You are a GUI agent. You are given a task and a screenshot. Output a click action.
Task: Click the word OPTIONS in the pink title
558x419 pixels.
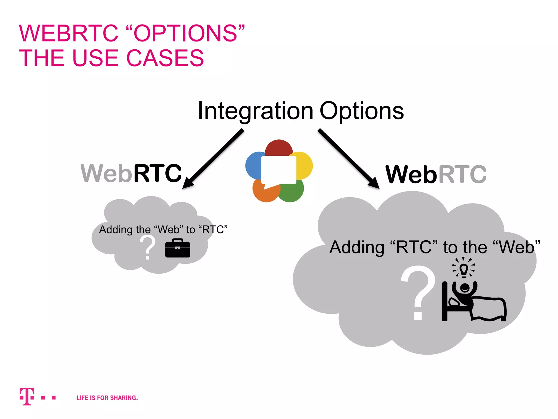pyautogui.click(x=185, y=34)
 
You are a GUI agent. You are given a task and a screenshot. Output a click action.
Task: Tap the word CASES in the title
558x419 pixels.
pyautogui.click(x=165, y=58)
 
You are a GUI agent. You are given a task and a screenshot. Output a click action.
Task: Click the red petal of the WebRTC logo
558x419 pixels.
pyautogui.click(x=279, y=148)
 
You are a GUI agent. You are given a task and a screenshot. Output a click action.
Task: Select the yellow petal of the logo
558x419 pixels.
pyautogui.click(x=305, y=165)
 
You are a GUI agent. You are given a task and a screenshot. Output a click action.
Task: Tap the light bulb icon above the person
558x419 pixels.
pyautogui.click(x=464, y=269)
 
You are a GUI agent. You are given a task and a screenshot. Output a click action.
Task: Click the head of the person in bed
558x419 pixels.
pyautogui.click(x=465, y=288)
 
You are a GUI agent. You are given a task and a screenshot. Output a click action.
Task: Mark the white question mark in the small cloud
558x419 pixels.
pyautogui.click(x=147, y=247)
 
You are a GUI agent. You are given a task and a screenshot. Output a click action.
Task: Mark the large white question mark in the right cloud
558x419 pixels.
pyautogui.click(x=418, y=292)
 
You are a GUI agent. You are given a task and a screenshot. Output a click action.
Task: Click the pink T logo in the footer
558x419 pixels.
pyautogui.click(x=27, y=396)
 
